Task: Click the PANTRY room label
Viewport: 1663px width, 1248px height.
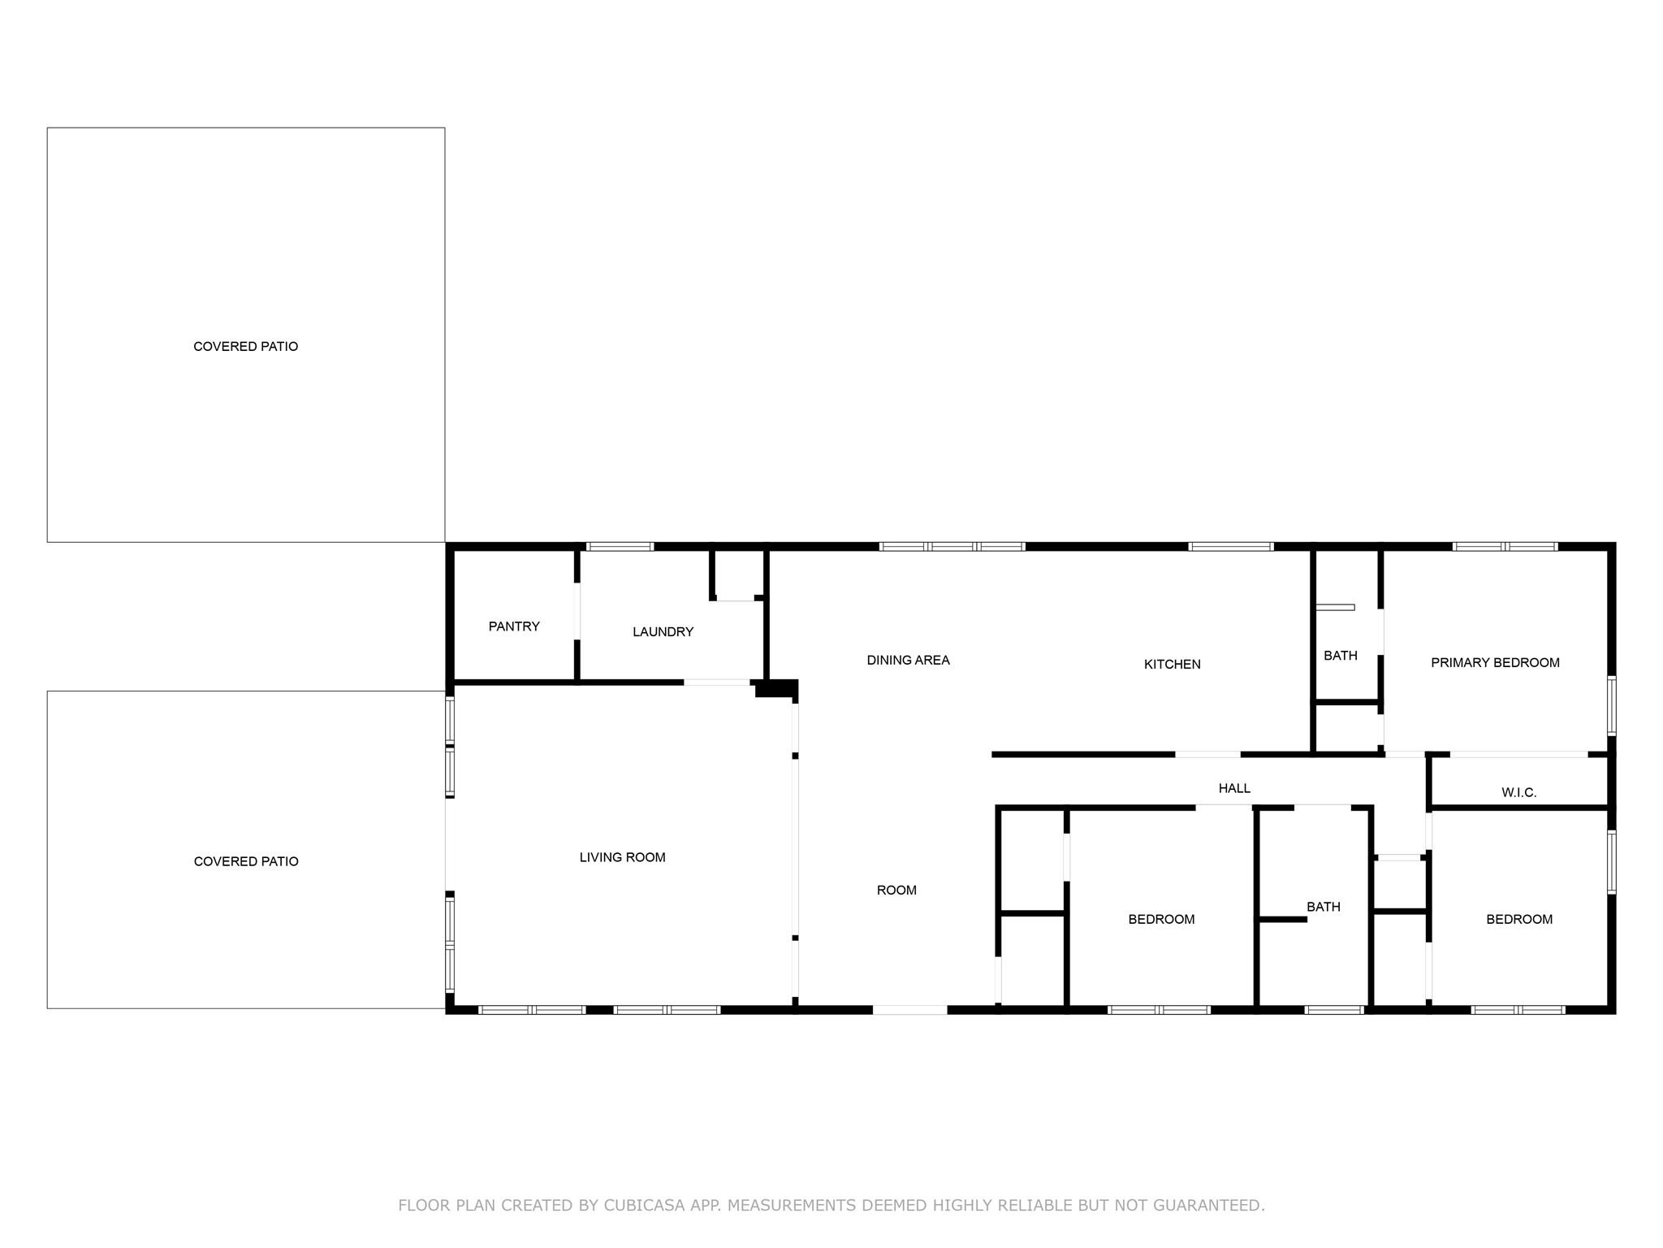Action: coord(514,626)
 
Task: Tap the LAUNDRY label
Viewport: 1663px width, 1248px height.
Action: coord(663,632)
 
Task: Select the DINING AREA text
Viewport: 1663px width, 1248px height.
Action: coord(908,661)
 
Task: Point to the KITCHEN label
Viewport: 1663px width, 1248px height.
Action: coord(1172,665)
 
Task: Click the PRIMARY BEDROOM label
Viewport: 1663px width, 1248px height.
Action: coord(1495,663)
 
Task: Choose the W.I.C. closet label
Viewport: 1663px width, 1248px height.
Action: coord(1518,793)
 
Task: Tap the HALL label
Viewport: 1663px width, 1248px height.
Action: coord(1234,788)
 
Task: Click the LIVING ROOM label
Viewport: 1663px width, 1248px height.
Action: coord(622,857)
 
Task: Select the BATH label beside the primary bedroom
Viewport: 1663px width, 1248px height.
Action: coord(1341,656)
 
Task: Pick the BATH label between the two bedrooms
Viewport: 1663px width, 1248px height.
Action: coord(1324,907)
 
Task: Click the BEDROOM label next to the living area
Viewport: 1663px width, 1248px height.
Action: coord(1161,920)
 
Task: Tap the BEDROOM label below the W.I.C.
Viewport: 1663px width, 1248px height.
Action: coord(1519,920)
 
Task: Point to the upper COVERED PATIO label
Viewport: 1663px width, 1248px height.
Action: coord(245,347)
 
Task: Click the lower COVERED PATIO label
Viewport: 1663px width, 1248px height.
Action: coord(246,861)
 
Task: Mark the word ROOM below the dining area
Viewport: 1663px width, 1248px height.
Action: coord(896,890)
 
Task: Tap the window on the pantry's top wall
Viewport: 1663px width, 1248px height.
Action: coord(620,547)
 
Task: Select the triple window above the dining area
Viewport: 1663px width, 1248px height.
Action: coord(952,547)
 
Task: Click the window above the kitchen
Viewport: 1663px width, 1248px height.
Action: coord(1230,547)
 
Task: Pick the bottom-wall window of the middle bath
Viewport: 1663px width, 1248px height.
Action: coord(1334,1010)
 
